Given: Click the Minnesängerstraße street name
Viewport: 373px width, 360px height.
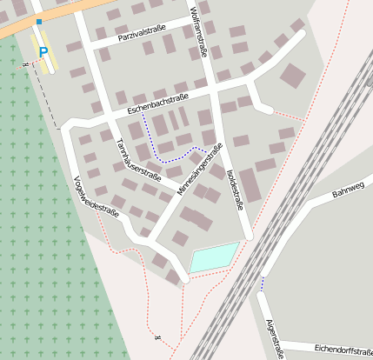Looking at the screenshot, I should pyautogui.click(x=196, y=174).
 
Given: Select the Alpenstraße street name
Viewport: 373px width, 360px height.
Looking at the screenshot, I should pyautogui.click(x=275, y=338).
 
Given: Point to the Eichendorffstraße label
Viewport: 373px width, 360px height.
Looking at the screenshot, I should pyautogui.click(x=343, y=348).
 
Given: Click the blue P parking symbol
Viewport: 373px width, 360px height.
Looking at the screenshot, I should pyautogui.click(x=43, y=52).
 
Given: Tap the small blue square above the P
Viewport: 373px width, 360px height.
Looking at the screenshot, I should pyautogui.click(x=39, y=21).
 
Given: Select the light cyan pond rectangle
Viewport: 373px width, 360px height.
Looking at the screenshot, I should pyautogui.click(x=214, y=257).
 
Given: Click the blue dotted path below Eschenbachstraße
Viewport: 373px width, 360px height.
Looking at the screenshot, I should pyautogui.click(x=170, y=159).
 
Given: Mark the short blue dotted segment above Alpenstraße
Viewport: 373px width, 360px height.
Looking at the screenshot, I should pyautogui.click(x=262, y=283).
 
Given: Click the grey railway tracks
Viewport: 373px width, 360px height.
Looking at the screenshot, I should pyautogui.click(x=287, y=217).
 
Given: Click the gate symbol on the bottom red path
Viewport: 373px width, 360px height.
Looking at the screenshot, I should pyautogui.click(x=157, y=337).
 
